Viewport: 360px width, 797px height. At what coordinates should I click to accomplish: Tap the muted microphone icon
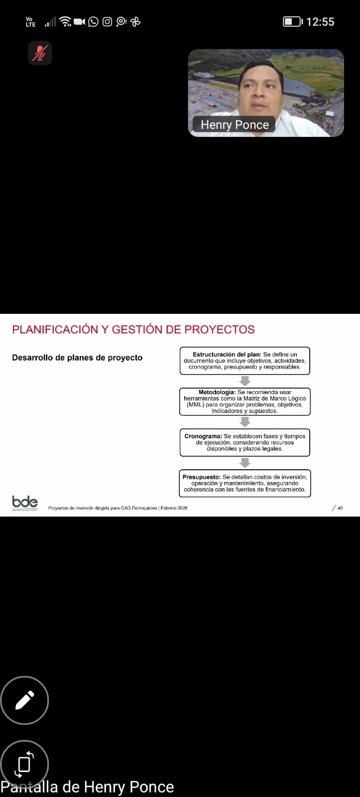(x=40, y=53)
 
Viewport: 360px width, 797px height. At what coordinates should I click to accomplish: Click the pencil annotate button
(x=24, y=700)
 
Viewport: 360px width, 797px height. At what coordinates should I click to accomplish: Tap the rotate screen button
(x=24, y=764)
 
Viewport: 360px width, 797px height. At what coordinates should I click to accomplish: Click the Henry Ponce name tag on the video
(x=234, y=125)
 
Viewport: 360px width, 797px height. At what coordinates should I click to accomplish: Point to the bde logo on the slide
(x=25, y=502)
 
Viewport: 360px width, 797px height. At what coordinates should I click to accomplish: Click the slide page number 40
(x=340, y=508)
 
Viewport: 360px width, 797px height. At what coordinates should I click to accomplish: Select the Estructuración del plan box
(x=245, y=361)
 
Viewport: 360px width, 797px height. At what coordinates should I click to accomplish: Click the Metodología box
(x=245, y=401)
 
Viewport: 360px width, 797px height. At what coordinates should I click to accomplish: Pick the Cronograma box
(x=245, y=442)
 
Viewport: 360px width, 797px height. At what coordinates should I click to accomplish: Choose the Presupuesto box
(x=245, y=483)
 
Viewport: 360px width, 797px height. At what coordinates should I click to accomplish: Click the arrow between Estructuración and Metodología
(x=245, y=381)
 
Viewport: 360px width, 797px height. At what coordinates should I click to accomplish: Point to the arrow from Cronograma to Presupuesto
(x=245, y=463)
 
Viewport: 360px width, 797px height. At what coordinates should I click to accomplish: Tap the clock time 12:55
(x=320, y=22)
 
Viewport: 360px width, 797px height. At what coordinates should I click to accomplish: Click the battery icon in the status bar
(x=293, y=22)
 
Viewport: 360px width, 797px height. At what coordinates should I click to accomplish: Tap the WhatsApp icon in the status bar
(x=93, y=22)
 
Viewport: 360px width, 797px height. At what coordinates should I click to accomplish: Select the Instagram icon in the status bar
(x=107, y=22)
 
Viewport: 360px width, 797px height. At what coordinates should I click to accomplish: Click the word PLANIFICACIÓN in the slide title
(x=55, y=329)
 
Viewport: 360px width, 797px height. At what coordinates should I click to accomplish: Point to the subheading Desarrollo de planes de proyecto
(x=77, y=358)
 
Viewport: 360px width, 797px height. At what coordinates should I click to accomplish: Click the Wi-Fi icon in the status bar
(x=65, y=22)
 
